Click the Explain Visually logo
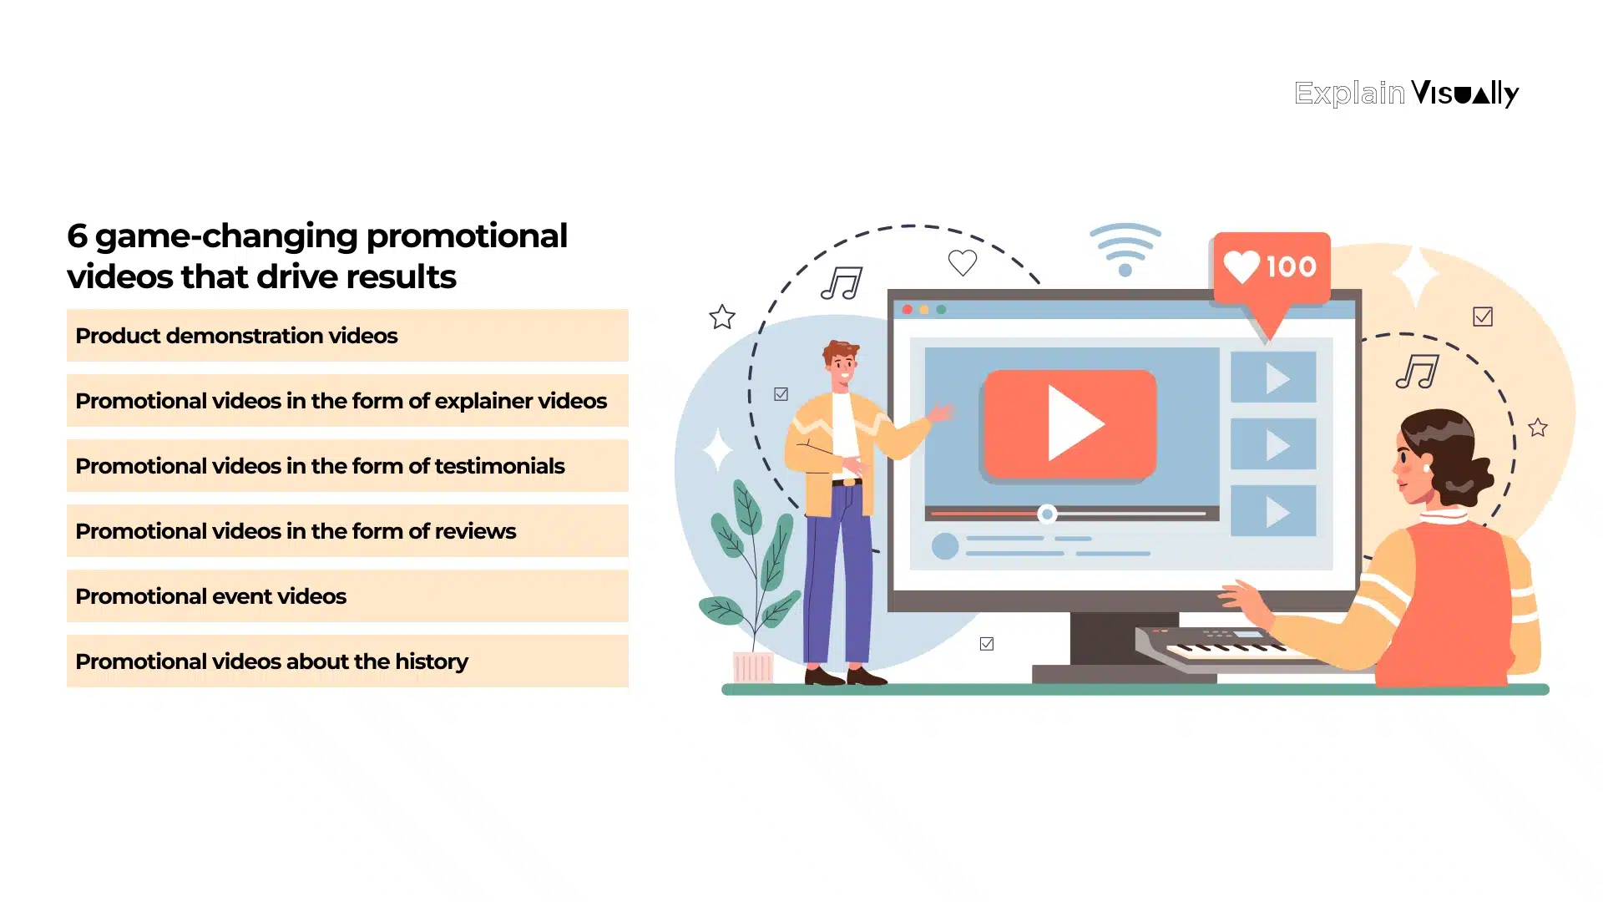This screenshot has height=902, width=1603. click(x=1406, y=93)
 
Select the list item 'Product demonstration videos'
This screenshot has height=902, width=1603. click(x=236, y=336)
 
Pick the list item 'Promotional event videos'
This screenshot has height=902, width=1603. click(x=210, y=596)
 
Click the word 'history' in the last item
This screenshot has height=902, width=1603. click(x=431, y=661)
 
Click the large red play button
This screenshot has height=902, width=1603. click(x=1070, y=423)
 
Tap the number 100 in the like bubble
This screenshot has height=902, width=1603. click(x=1291, y=267)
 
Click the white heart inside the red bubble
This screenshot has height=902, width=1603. click(x=1241, y=266)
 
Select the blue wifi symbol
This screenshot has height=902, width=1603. click(x=1125, y=249)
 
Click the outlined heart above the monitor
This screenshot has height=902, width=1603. click(x=963, y=263)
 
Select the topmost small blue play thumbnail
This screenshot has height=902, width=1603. click(x=1273, y=378)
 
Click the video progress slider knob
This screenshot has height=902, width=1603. click(x=1047, y=514)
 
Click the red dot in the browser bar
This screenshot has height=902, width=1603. click(x=908, y=310)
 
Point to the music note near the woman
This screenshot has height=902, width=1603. click(x=1418, y=372)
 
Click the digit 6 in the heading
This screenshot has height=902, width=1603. click(x=77, y=236)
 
